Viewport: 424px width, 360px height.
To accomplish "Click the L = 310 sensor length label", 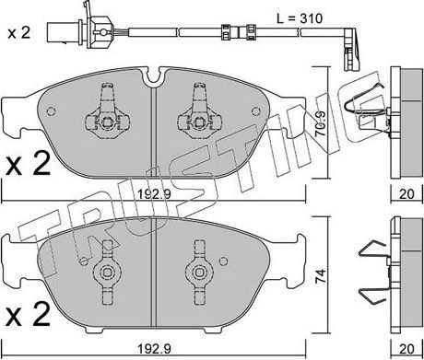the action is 300,18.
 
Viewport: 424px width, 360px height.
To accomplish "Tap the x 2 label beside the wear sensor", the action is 19,32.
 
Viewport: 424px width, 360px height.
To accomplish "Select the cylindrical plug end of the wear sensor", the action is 64,32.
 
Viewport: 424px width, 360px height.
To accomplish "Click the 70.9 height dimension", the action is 320,123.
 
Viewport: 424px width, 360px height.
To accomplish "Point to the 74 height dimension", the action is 320,277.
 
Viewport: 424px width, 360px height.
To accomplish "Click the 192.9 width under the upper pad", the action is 154,194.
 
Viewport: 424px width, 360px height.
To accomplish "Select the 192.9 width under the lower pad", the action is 154,349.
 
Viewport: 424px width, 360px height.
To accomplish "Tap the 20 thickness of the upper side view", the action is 406,194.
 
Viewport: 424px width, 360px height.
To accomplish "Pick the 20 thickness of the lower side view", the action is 406,349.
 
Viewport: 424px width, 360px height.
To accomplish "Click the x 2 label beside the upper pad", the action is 28,164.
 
